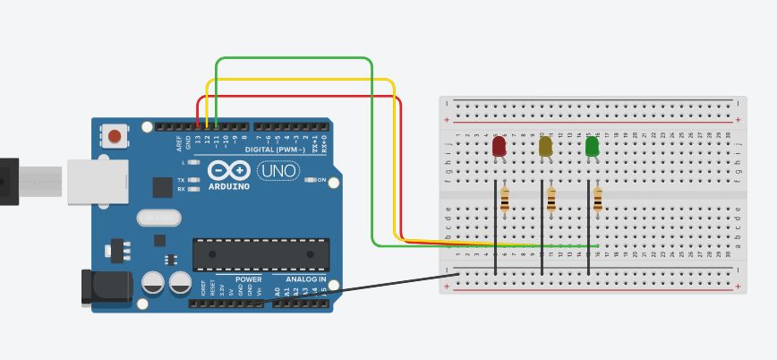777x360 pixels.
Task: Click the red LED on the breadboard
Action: (x=499, y=145)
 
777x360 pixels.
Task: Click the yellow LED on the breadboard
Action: (x=545, y=145)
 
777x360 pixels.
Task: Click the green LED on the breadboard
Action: (x=592, y=145)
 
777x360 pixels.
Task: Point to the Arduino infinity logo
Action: (x=228, y=170)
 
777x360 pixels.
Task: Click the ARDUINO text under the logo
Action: (x=229, y=186)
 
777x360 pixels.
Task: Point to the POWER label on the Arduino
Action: (x=249, y=279)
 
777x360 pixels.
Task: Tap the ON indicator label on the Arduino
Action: (x=320, y=180)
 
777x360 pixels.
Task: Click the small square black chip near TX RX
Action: (x=162, y=187)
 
